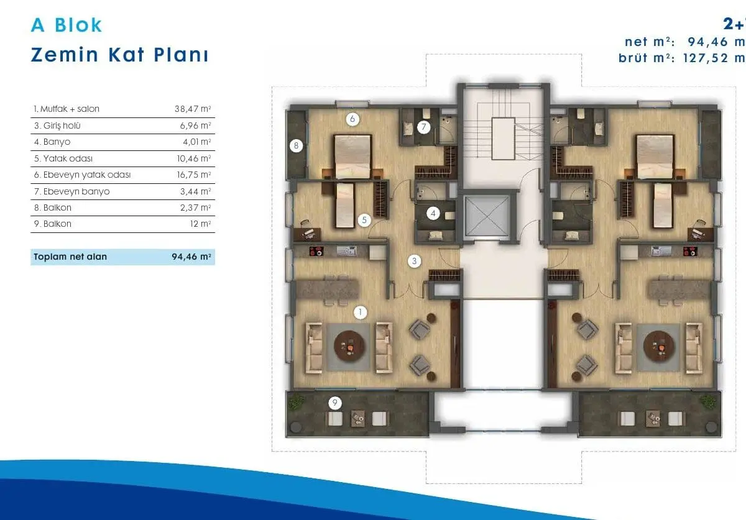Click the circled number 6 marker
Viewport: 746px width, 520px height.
(352, 119)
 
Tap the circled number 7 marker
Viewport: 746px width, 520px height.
(423, 127)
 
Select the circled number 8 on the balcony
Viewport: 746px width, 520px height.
(296, 145)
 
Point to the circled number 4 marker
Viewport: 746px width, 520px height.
(433, 213)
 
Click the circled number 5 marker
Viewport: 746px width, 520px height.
(364, 220)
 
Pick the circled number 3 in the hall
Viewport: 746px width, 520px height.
(414, 261)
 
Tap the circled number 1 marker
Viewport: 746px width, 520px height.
(360, 312)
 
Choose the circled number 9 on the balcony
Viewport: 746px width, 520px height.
(335, 403)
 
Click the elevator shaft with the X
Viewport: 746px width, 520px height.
(487, 216)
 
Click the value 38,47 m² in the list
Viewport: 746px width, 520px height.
(193, 109)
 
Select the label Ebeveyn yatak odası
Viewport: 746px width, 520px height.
(87, 175)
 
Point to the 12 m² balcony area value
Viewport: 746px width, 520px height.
(200, 224)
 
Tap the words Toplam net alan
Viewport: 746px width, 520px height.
(70, 257)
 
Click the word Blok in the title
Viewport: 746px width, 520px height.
(78, 25)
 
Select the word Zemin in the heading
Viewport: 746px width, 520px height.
(65, 55)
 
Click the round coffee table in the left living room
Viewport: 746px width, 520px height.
(349, 346)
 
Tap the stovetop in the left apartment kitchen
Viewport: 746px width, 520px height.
(316, 250)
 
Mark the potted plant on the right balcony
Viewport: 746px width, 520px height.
(707, 401)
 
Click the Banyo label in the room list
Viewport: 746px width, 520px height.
(57, 142)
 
